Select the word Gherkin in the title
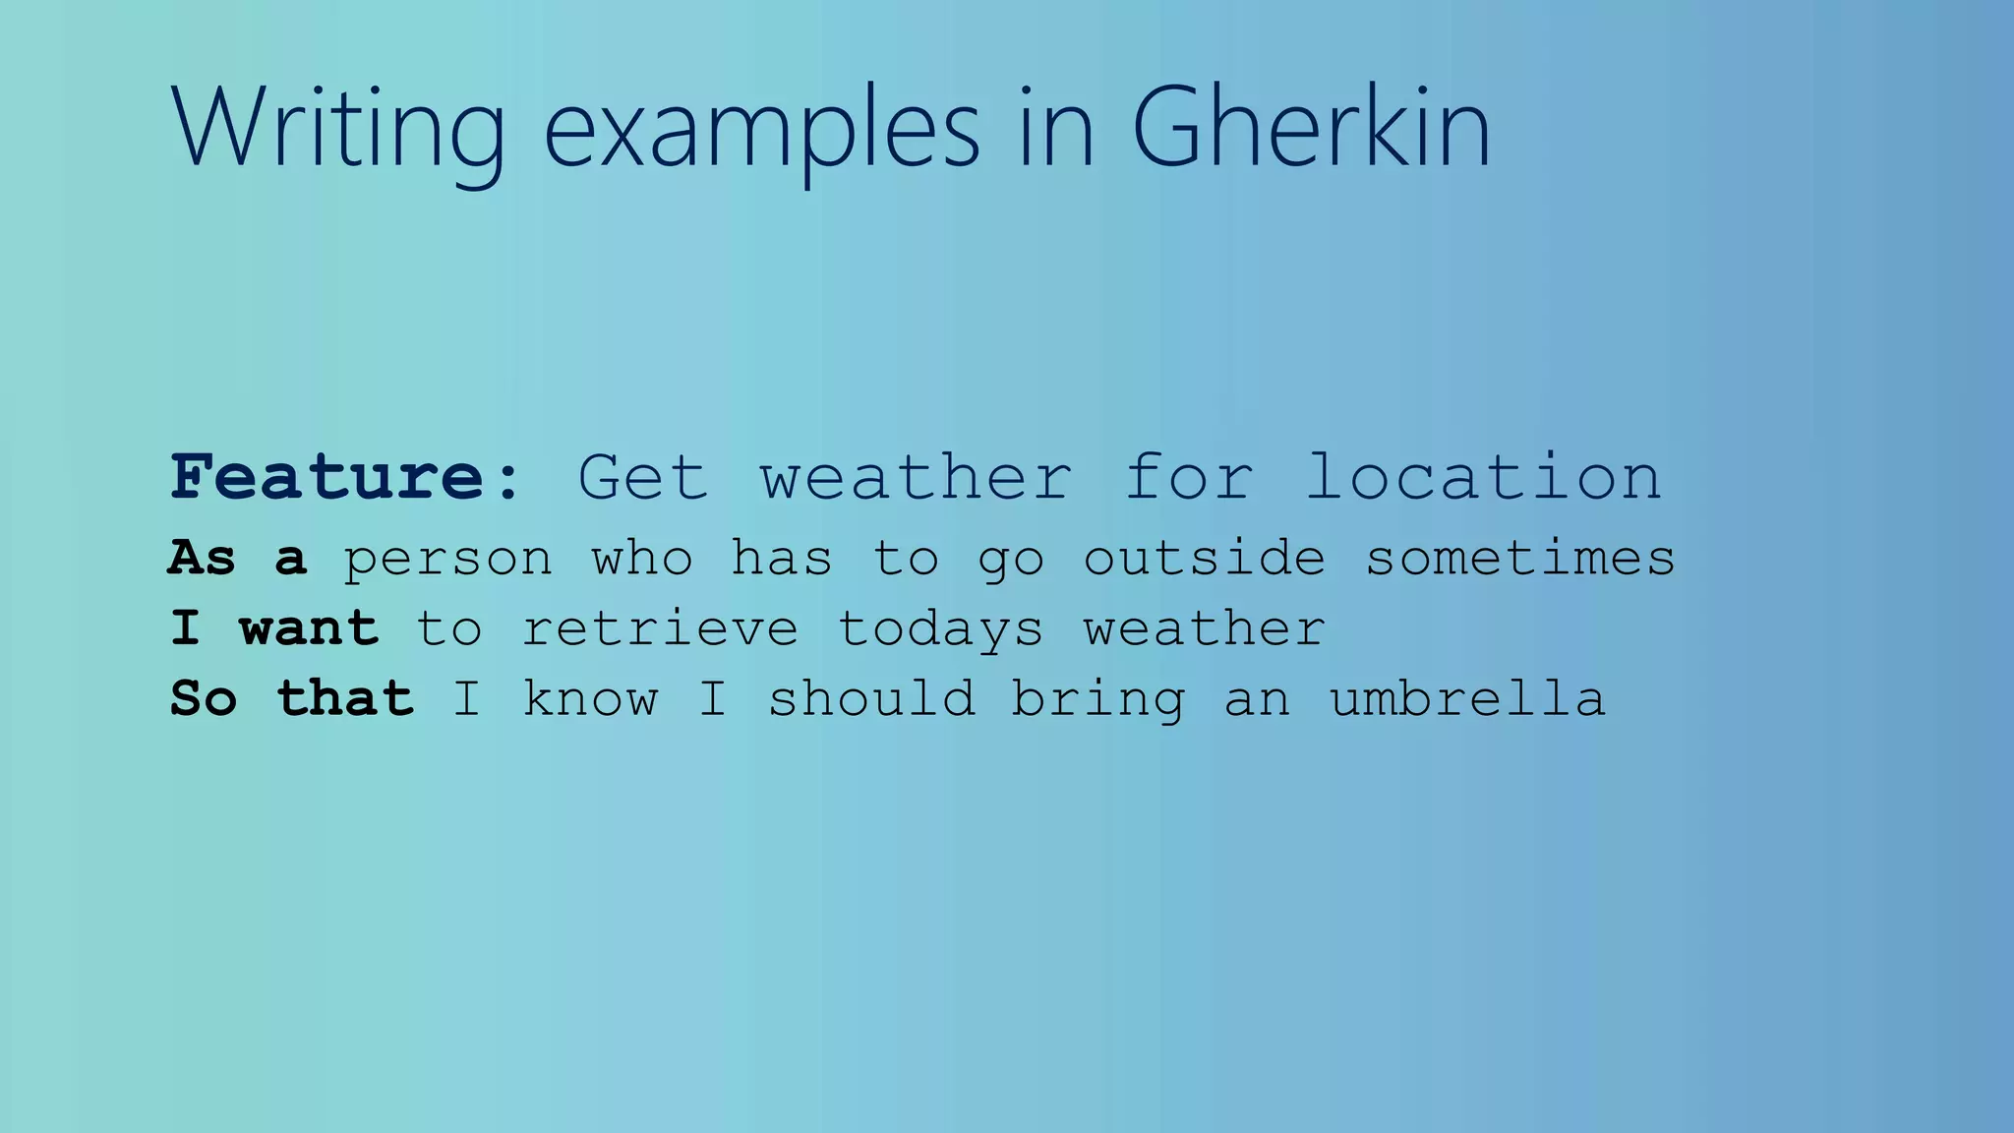tap(1311, 128)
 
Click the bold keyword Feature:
tap(345, 478)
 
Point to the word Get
tap(642, 478)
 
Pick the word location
tap(1483, 478)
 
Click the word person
tap(447, 560)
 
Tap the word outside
tap(1204, 558)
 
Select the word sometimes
tap(1520, 558)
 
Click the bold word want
tap(309, 628)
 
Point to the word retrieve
tap(659, 628)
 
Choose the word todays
tap(939, 630)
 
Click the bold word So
tap(204, 699)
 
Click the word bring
tap(1098, 700)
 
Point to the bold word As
tap(203, 558)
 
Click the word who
tap(641, 558)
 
